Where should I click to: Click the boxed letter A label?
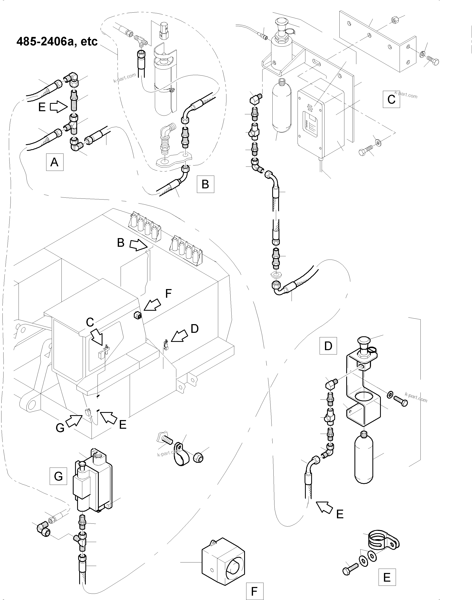[54, 162]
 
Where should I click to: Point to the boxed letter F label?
[254, 591]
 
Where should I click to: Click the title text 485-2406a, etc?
[57, 41]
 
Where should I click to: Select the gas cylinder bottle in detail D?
[364, 458]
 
